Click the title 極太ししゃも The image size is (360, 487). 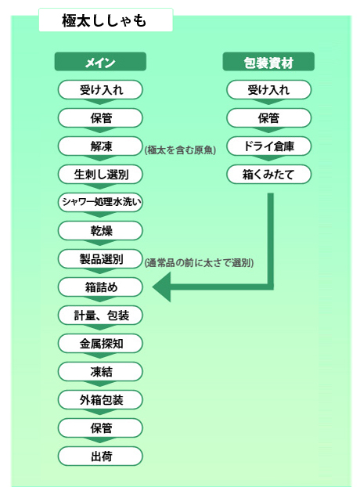pos(104,20)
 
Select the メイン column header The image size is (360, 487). pos(100,62)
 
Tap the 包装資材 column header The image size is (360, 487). pos(268,62)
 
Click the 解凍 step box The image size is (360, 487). pos(100,146)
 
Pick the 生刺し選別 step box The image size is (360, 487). pos(100,175)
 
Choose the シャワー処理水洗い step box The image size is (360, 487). pos(100,202)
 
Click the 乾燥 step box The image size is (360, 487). pos(100,230)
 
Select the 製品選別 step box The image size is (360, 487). pos(100,258)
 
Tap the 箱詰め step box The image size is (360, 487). pos(100,287)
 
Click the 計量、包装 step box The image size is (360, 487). pos(100,316)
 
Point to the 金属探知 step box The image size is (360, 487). pos(100,343)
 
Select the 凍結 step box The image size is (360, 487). pos(100,371)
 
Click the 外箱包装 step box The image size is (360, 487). pos(100,400)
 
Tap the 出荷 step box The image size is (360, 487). pos(100,456)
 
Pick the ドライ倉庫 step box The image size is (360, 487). pos(268,146)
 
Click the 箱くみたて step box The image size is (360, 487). pos(268,175)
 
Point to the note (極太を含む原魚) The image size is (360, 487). pos(180,150)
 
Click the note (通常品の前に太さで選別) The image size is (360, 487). pos(199,263)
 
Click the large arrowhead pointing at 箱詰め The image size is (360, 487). pos(162,287)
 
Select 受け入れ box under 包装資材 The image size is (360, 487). pos(268,90)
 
